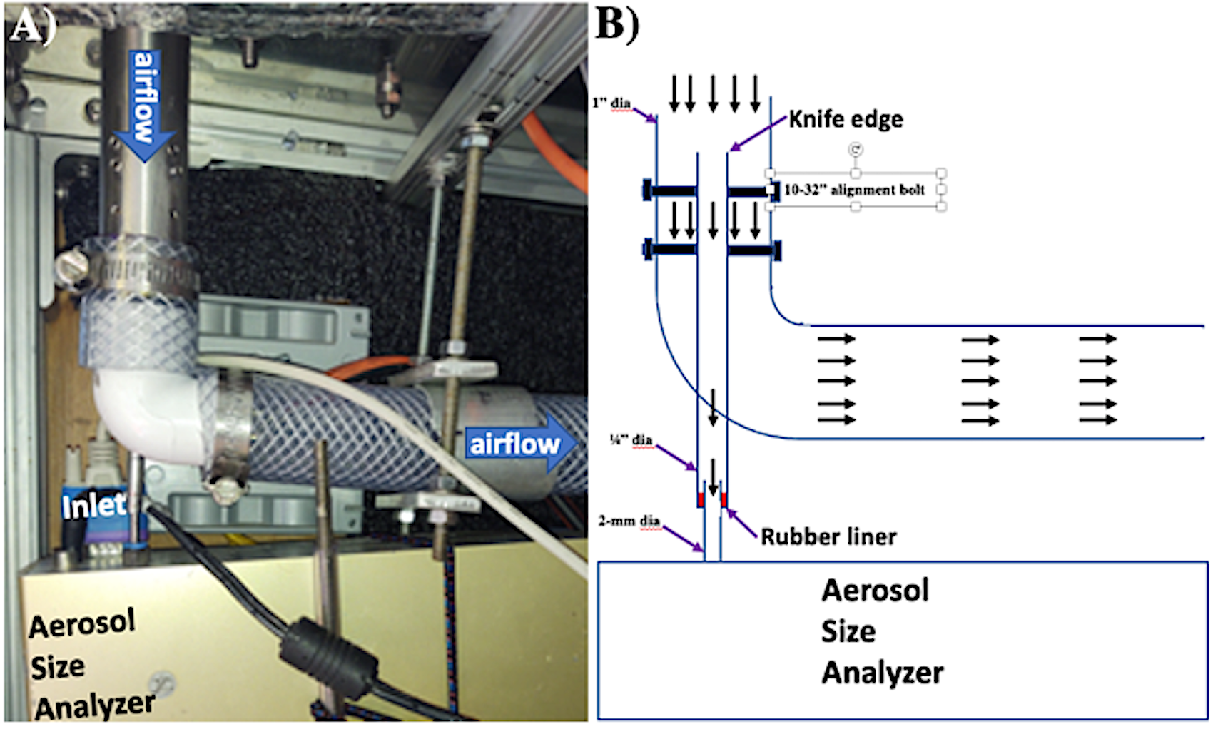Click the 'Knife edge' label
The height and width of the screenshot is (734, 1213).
pos(846,119)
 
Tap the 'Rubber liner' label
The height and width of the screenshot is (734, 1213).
pos(828,537)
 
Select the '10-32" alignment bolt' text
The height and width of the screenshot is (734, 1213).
pos(855,190)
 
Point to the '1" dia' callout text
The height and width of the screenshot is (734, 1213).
pos(611,102)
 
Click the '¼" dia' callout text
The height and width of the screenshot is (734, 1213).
pos(631,439)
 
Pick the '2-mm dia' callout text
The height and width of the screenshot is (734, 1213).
pos(629,521)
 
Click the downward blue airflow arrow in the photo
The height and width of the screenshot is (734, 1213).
pos(145,106)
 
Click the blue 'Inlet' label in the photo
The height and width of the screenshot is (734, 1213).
pos(94,506)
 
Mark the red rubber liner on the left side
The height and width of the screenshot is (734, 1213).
pos(700,499)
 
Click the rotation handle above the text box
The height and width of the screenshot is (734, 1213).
pos(856,149)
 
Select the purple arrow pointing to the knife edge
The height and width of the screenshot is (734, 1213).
pos(758,133)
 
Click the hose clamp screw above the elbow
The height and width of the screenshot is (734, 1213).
pos(73,266)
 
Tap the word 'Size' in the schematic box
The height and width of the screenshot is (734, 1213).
pos(848,632)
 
